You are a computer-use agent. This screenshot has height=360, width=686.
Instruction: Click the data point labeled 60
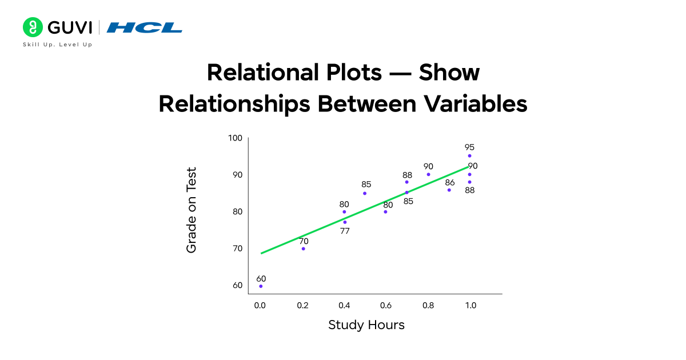(261, 286)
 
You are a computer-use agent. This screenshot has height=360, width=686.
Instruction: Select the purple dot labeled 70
(303, 249)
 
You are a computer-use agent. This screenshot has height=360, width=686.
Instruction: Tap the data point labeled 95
(469, 155)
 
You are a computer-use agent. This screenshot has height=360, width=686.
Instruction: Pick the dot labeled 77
(345, 222)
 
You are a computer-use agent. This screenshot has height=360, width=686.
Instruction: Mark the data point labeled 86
(449, 190)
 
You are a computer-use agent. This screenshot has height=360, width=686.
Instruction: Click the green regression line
(366, 209)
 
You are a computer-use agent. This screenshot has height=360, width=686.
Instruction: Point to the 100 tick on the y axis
(236, 138)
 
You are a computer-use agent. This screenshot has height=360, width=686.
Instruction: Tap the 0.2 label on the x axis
(302, 306)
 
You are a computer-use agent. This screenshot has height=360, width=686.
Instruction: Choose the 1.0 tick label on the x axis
(469, 306)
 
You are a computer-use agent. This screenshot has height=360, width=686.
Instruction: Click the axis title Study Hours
(366, 325)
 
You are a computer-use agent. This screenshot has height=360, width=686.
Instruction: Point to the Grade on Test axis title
(192, 210)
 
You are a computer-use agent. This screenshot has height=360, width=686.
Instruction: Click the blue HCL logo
(145, 27)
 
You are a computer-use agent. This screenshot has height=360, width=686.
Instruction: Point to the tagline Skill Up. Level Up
(57, 45)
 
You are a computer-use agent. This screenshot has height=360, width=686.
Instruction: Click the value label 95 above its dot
(469, 147)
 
